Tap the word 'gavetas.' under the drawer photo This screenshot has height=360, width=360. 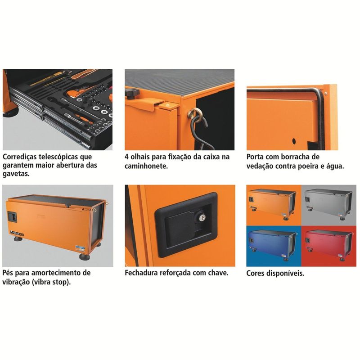(16, 174)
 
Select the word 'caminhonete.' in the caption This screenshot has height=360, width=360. (146, 166)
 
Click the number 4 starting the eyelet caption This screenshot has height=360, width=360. (126, 157)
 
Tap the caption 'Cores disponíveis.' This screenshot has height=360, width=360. (275, 274)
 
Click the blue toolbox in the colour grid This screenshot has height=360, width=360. (272, 245)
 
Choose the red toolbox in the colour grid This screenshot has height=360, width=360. (328, 245)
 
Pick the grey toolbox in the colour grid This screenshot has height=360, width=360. (328, 204)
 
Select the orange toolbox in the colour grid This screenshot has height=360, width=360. (272, 204)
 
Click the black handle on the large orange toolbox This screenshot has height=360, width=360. (12, 216)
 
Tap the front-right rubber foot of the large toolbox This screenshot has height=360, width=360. (84, 256)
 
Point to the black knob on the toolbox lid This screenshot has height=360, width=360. (132, 94)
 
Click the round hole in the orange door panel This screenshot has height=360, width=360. (294, 141)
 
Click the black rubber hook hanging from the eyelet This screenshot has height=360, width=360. (200, 133)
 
